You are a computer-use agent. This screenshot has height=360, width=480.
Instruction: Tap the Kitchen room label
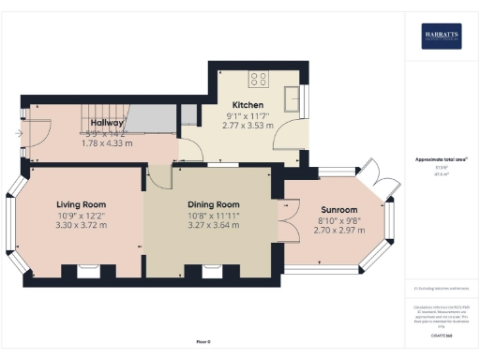(x=248, y=105)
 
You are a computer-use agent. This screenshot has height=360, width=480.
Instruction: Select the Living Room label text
(x=81, y=204)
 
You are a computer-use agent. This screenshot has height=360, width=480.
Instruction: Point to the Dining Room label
(x=214, y=204)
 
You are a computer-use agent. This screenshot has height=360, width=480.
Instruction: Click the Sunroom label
(x=338, y=210)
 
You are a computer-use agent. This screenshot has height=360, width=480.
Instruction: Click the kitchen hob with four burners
(x=258, y=79)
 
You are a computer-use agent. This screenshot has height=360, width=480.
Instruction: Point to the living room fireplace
(x=89, y=272)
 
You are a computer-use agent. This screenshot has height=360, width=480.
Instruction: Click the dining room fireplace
(x=216, y=272)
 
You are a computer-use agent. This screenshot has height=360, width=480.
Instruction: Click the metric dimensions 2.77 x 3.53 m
(x=248, y=125)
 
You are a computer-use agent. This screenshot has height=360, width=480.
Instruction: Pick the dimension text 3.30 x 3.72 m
(x=81, y=225)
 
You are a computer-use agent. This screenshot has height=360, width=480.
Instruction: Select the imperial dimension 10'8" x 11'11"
(x=214, y=215)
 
